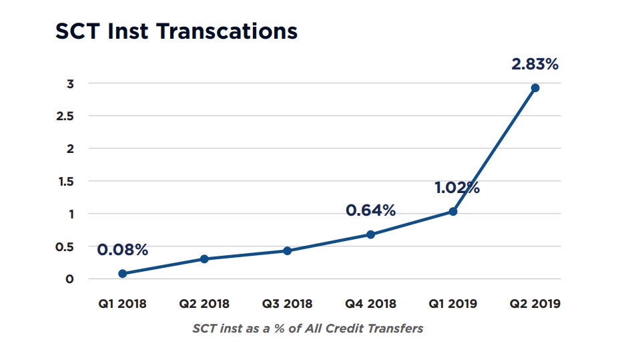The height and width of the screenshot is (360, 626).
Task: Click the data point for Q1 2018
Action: click(x=122, y=273)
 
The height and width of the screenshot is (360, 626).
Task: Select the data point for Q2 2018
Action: click(x=204, y=258)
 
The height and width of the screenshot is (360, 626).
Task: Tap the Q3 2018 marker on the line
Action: click(x=287, y=250)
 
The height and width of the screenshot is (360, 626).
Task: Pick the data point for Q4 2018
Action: click(x=370, y=234)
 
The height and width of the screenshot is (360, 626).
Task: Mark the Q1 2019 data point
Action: click(x=453, y=211)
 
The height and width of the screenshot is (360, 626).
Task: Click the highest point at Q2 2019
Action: click(x=535, y=87)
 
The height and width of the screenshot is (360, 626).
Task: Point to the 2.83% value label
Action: click(x=535, y=65)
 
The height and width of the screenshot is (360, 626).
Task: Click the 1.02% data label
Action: click(x=457, y=187)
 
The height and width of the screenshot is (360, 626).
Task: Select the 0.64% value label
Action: click(x=370, y=210)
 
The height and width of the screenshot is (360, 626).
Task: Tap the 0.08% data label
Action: click(x=122, y=250)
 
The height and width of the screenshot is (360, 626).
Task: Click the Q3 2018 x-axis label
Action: click(x=287, y=304)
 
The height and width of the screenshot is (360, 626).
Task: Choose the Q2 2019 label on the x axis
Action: click(x=535, y=304)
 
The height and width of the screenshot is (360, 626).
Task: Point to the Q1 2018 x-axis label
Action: click(x=122, y=304)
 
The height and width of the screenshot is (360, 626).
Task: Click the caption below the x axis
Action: click(x=308, y=329)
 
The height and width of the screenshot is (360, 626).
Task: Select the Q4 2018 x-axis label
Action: click(x=370, y=304)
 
